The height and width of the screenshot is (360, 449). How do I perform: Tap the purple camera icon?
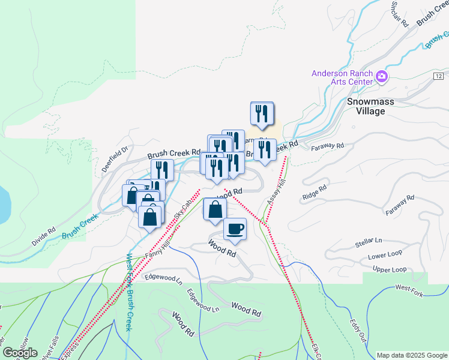point(382,76)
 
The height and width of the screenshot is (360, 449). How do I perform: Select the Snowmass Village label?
point(370,106)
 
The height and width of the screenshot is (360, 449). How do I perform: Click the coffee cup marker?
point(235,228)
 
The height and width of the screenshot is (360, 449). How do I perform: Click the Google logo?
point(20,353)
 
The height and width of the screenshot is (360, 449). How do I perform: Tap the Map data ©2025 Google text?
point(411,355)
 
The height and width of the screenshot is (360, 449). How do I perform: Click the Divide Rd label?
point(43,236)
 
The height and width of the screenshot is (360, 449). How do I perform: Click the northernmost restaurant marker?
point(262,114)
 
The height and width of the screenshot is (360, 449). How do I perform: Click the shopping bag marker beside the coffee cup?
point(215,209)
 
